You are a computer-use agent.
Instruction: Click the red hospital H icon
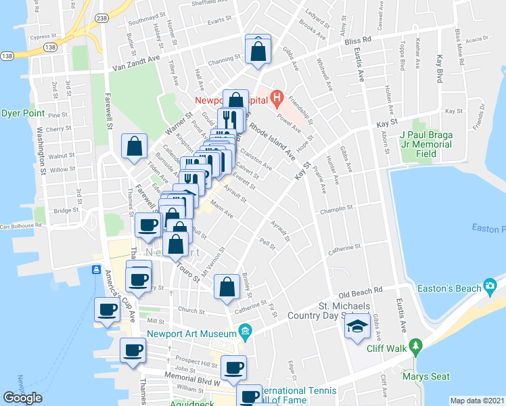point(276,99)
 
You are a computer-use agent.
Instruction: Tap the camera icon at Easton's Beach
point(490,286)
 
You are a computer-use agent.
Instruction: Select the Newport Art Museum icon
point(245,332)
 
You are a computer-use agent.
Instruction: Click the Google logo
point(22,398)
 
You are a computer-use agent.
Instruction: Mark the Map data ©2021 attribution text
point(477,401)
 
